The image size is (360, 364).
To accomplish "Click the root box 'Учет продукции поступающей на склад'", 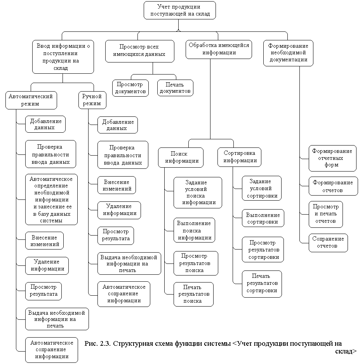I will pyautogui.click(x=179, y=10).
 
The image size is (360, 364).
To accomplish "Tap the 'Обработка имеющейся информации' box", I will pyautogui.click(x=219, y=49).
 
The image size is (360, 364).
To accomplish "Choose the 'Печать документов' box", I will pyautogui.click(x=175, y=88).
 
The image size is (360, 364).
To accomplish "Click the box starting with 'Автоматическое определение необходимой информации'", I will pyautogui.click(x=51, y=199).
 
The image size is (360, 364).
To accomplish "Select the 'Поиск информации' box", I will pyautogui.click(x=181, y=157).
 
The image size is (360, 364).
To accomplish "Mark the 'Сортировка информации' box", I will pyautogui.click(x=239, y=157).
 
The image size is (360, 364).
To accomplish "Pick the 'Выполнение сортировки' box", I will pyautogui.click(x=263, y=218).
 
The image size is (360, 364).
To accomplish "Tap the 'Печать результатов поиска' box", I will pyautogui.click(x=193, y=294).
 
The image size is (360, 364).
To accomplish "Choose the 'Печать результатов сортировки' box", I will pyautogui.click(x=261, y=284).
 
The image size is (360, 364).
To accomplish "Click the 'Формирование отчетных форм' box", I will pyautogui.click(x=332, y=158).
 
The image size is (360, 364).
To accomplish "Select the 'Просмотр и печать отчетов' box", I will pyautogui.click(x=326, y=214).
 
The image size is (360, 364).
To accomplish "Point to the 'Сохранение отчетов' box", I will pyautogui.click(x=329, y=242).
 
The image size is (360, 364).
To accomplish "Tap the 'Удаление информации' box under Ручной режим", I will pyautogui.click(x=119, y=210).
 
